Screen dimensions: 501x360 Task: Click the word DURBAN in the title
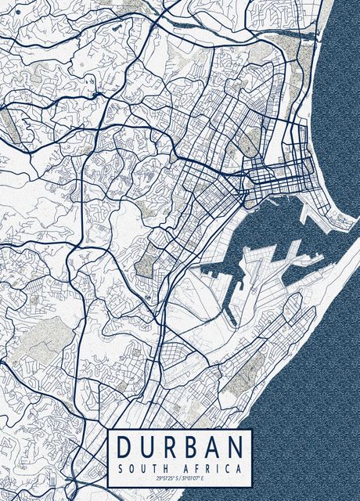pyautogui.click(x=179, y=447)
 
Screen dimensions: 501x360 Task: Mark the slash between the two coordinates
pyautogui.click(x=180, y=478)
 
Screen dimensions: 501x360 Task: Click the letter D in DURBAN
pyautogui.click(x=124, y=447)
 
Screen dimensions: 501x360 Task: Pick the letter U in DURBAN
pyautogui.click(x=146, y=447)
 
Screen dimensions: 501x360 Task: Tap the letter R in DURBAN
pyautogui.click(x=168, y=447)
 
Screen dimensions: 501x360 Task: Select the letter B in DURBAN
pyautogui.click(x=190, y=447)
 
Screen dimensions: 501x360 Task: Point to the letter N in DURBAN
pyautogui.click(x=234, y=447)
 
